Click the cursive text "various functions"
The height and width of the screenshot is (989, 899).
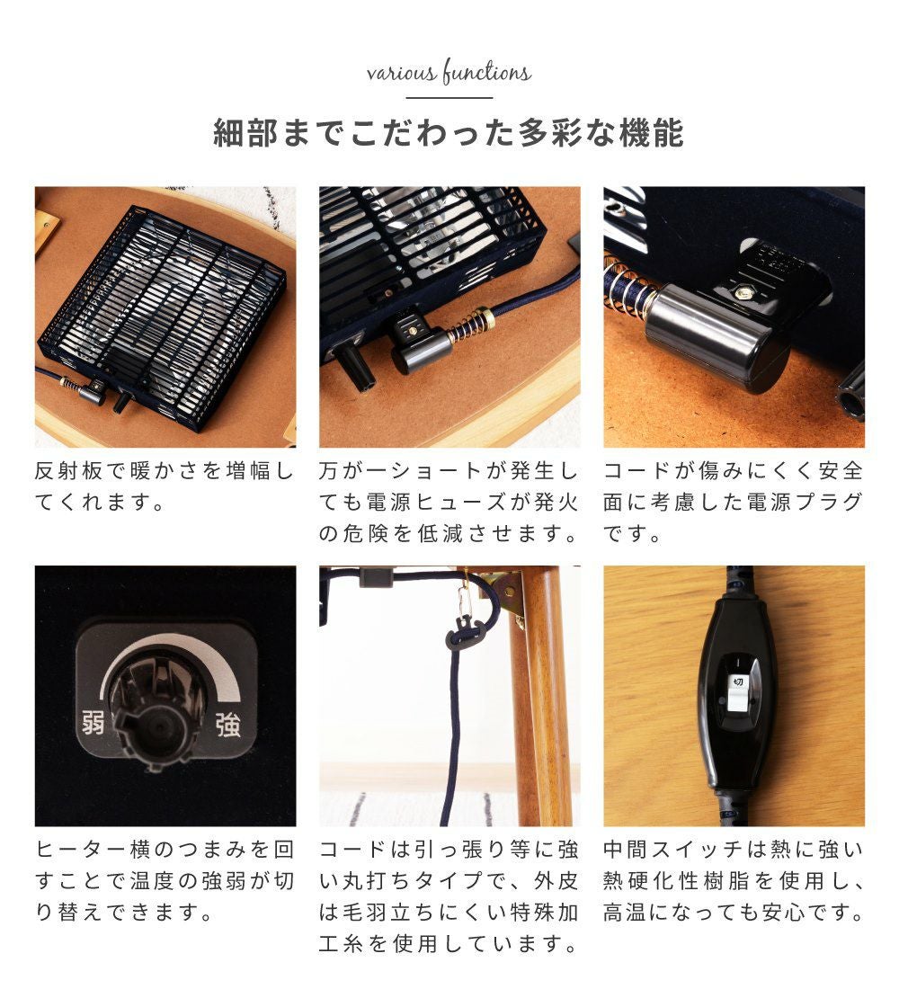pos(449,72)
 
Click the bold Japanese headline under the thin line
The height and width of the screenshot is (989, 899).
pos(449,132)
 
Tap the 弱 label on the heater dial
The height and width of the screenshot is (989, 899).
pos(93,722)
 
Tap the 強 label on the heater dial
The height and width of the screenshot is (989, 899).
pos(227,724)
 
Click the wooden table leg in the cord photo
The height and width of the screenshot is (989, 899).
pos(541,694)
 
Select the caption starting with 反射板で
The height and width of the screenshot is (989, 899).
pos(165,486)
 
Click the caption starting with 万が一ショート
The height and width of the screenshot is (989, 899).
pos(449,502)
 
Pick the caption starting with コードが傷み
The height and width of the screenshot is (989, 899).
pos(733,502)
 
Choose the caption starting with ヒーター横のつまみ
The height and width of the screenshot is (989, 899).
pos(165,880)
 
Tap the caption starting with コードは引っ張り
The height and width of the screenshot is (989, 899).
pos(449,896)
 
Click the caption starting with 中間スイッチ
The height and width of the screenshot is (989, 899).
pos(733,880)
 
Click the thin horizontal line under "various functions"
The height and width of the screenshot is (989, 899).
pos(449,98)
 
